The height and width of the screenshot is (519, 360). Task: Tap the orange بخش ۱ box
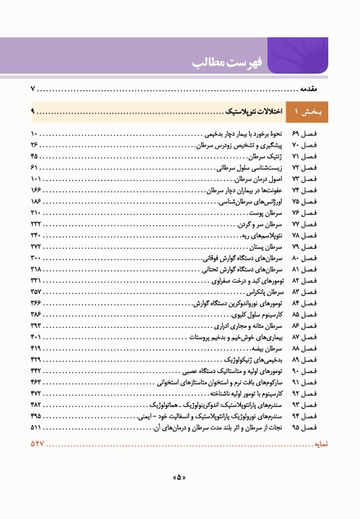point(307,111)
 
